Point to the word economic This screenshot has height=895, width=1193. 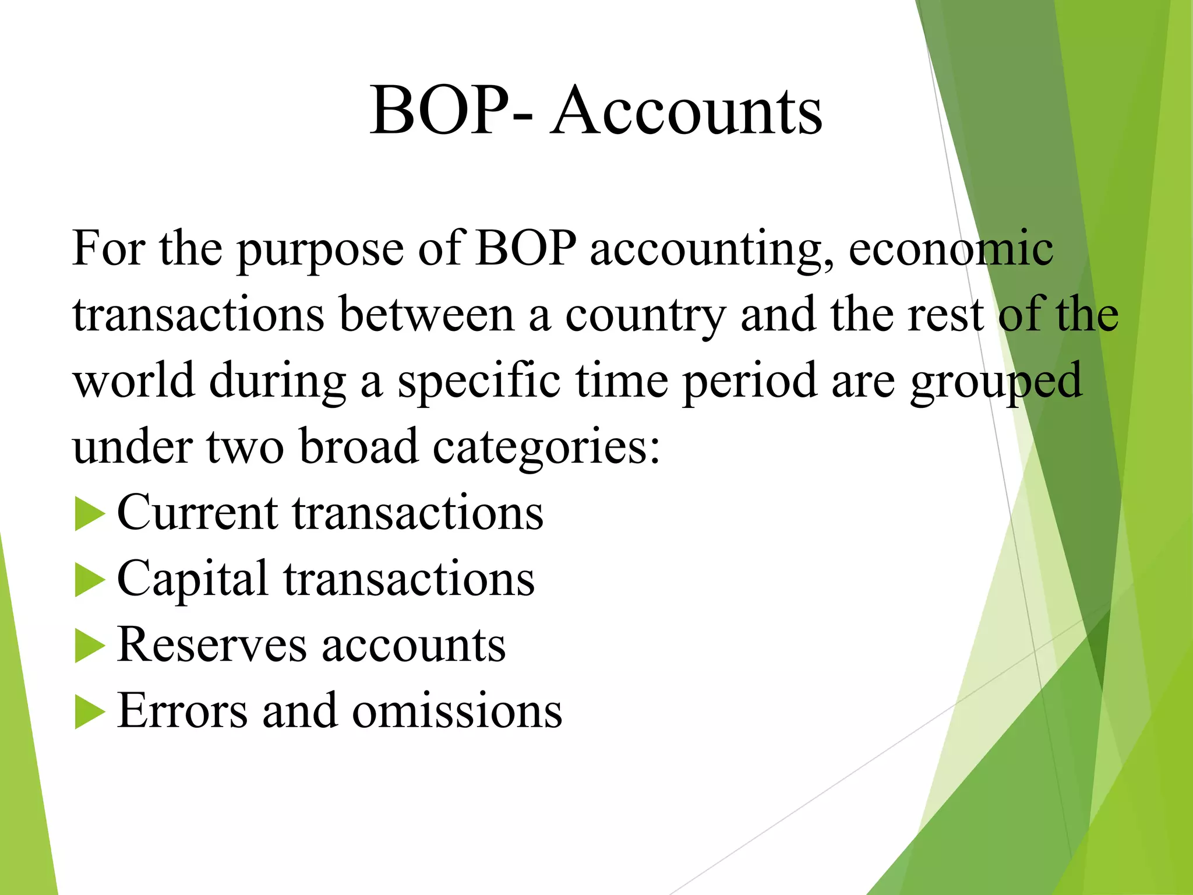pos(951,249)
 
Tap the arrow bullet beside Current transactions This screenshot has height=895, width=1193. pos(90,515)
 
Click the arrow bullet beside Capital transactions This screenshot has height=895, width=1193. pos(90,580)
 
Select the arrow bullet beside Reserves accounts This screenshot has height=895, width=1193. pos(90,646)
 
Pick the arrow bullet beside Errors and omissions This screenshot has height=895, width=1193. pos(90,713)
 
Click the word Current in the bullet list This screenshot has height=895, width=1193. pos(197,513)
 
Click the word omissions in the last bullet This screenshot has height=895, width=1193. pos(457,711)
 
